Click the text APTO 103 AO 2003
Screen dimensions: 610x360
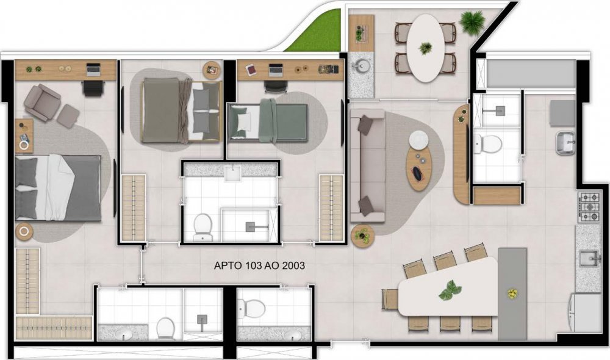pos(259,266)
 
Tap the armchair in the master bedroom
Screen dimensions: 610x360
pos(41,103)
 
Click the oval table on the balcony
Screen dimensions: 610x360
pos(426,48)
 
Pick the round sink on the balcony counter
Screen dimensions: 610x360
pos(361,65)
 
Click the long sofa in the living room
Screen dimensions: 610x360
pos(368,166)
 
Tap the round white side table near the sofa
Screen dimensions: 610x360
pos(419,140)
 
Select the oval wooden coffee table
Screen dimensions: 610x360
pos(419,168)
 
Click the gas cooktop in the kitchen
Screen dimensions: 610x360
pos(589,207)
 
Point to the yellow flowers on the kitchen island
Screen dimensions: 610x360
pos(512,294)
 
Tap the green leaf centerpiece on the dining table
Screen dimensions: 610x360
pos(450,290)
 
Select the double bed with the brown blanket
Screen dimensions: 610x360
pos(181,110)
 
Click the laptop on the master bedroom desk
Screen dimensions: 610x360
pos(93,69)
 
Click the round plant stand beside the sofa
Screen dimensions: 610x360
pos(362,235)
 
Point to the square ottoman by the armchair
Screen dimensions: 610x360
pos(68,117)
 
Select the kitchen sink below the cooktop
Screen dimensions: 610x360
pos(588,259)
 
